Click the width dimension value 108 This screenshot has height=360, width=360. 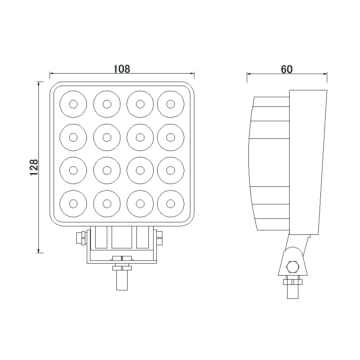[x=122, y=69]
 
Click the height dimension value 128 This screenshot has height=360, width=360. [x=34, y=167]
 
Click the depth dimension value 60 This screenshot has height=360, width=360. [x=286, y=69]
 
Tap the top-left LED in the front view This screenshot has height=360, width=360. [x=73, y=104]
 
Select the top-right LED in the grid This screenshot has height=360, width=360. [x=171, y=104]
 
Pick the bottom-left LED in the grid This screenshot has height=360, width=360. [x=73, y=204]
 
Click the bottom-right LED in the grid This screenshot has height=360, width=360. [x=171, y=204]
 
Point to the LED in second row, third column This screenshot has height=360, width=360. [x=140, y=137]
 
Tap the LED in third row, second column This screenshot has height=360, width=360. [x=107, y=170]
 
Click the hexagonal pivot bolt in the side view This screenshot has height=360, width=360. [x=292, y=267]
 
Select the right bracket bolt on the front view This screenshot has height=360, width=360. [x=160, y=238]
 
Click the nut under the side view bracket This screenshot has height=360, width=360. [x=293, y=282]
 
